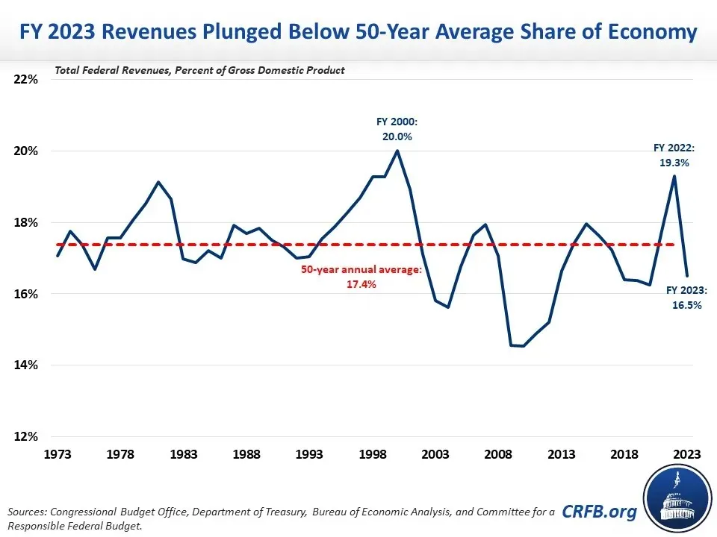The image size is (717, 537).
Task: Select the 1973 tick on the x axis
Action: click(x=58, y=453)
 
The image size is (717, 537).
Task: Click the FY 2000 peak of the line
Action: click(x=397, y=151)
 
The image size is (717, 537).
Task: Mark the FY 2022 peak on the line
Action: click(x=674, y=176)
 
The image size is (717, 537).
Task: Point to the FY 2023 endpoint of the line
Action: click(x=687, y=275)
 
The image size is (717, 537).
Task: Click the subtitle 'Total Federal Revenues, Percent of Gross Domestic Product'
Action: click(x=199, y=70)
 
